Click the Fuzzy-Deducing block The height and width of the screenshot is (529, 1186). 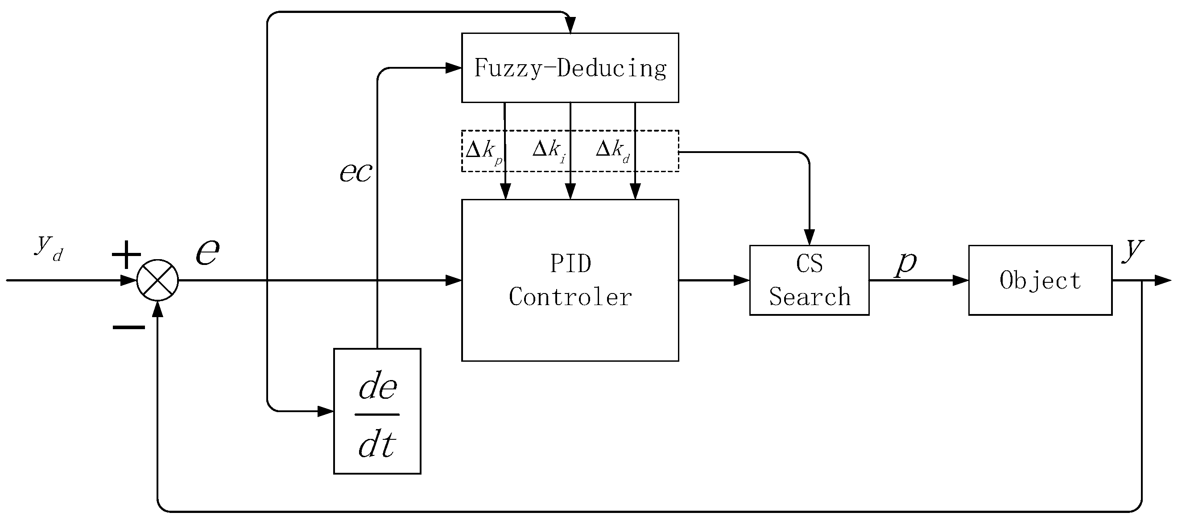(570, 68)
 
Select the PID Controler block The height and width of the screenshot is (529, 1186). (570, 280)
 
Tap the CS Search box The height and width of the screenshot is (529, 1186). (809, 280)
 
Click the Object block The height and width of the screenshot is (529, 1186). (1040, 280)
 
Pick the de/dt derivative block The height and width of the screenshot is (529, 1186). (377, 411)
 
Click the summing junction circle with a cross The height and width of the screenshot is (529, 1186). (157, 280)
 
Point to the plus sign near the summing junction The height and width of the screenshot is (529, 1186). (126, 254)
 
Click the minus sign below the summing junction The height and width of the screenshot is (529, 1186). (129, 327)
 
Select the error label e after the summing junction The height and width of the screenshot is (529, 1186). (208, 252)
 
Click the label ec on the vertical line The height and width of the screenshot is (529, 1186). (355, 173)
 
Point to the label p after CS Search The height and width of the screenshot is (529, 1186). (905, 263)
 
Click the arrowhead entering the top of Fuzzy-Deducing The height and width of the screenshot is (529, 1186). (570, 25)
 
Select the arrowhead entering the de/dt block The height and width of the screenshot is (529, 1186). (326, 411)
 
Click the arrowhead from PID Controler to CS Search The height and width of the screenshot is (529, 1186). (741, 280)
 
